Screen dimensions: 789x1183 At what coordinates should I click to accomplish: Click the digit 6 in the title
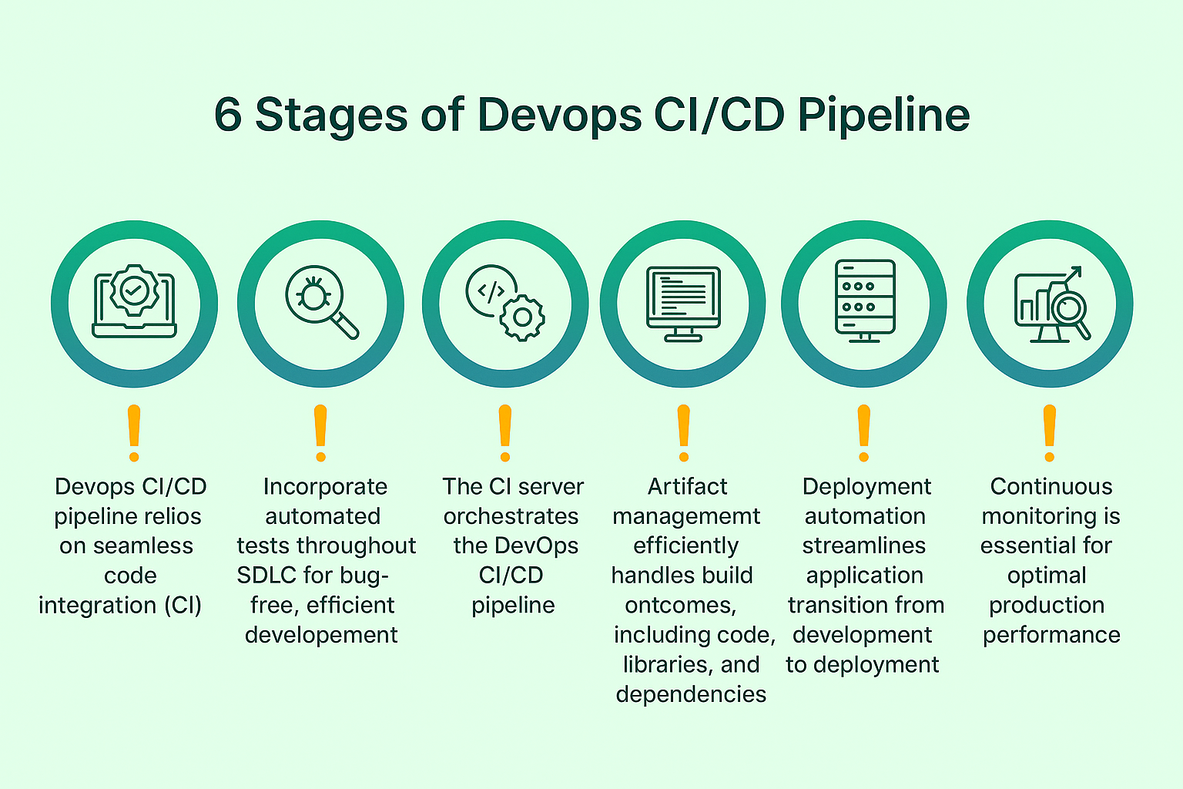228,115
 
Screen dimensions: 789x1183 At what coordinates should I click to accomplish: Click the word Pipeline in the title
883,116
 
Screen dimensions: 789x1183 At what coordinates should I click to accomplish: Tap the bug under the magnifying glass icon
313,293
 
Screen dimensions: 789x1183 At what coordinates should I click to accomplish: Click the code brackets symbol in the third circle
491,291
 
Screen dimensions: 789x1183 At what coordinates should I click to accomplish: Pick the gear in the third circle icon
522,317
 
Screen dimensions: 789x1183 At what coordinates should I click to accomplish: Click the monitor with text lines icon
683,304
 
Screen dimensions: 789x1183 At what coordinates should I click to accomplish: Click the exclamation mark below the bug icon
320,434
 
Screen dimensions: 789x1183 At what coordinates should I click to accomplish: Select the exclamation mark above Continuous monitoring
1049,434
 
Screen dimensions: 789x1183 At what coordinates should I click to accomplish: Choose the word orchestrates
511,516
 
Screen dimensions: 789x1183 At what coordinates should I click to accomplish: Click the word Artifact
687,487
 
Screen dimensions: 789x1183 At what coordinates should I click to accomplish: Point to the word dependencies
691,694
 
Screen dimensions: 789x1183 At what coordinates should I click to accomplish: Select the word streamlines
863,546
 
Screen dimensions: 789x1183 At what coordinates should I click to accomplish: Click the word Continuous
1051,487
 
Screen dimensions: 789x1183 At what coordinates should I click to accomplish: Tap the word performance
1051,635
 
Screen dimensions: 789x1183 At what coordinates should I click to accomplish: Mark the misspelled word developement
321,635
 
